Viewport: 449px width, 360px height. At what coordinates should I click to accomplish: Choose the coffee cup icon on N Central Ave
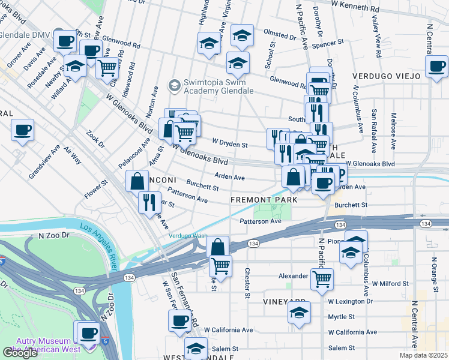[438, 66]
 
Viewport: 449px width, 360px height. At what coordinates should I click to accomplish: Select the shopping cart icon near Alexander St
[322, 278]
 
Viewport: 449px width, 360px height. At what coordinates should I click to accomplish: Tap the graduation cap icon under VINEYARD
[298, 314]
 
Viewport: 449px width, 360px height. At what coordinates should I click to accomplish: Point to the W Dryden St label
[230, 144]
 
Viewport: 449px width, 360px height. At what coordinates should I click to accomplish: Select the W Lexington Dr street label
[351, 301]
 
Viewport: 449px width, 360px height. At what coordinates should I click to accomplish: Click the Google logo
[20, 353]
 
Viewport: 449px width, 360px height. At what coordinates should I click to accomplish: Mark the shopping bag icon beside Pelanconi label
[137, 181]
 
